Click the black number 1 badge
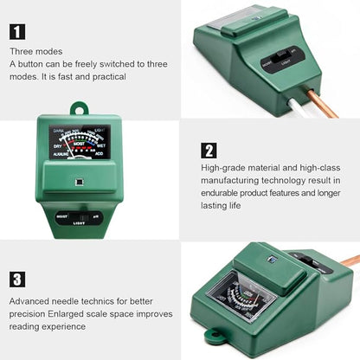coord(18,32)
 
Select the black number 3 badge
coord(18,279)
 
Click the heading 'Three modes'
coord(35,52)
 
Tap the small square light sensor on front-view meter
coord(79,183)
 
